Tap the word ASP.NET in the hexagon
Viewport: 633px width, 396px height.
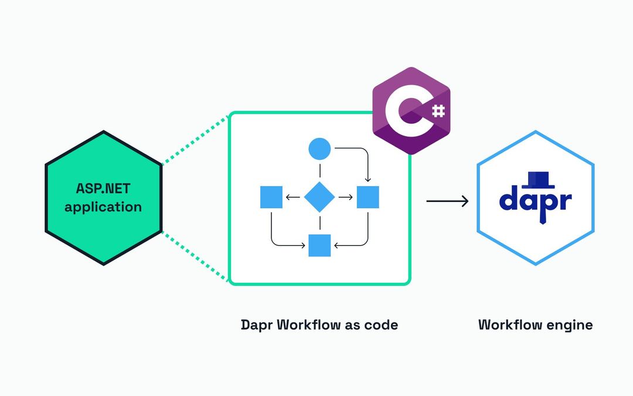point(103,189)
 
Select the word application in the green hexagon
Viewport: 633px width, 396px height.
point(103,207)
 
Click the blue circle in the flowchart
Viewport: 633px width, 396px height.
point(319,148)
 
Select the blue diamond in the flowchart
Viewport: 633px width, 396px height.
point(319,197)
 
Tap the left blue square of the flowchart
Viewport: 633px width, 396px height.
point(271,197)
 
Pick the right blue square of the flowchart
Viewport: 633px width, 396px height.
point(367,197)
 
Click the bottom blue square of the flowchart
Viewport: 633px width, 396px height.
point(319,245)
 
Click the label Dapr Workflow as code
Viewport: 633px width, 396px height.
point(319,324)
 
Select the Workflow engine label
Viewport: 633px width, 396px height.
point(535,324)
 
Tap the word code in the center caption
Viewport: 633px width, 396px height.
point(383,324)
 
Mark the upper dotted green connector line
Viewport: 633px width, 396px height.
point(195,139)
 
